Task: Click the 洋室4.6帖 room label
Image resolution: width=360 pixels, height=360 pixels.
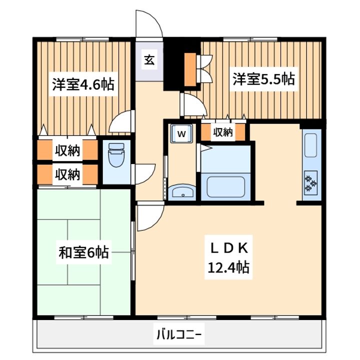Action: (x=83, y=84)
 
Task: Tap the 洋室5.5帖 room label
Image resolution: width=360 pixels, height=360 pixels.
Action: (x=263, y=79)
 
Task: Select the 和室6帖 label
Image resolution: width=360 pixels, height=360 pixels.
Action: (x=83, y=252)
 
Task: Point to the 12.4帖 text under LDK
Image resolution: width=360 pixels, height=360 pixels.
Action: (x=228, y=267)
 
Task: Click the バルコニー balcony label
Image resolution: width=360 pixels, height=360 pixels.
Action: (x=179, y=334)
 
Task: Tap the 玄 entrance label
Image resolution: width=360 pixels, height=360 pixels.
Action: (x=149, y=60)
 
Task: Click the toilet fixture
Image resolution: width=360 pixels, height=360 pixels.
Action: (x=116, y=154)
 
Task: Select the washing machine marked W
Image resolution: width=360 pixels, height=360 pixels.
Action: (x=181, y=133)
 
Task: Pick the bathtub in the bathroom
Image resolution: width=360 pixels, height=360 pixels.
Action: (x=225, y=186)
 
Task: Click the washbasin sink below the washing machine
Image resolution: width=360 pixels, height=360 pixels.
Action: (x=182, y=192)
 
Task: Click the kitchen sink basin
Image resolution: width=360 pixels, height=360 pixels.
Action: (x=310, y=145)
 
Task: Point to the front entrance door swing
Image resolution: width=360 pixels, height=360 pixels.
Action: (x=149, y=23)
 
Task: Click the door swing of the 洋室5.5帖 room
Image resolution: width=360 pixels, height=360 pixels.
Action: (x=194, y=104)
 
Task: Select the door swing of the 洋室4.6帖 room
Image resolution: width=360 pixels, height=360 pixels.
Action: (x=121, y=121)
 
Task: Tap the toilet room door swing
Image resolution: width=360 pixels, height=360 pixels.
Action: (x=143, y=174)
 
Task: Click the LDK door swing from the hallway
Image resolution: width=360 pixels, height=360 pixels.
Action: (x=150, y=217)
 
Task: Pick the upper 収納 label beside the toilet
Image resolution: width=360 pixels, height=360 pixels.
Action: (x=67, y=150)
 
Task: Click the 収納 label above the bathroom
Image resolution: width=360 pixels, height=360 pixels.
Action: (x=223, y=132)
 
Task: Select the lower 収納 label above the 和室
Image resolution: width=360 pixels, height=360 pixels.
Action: (x=67, y=174)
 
